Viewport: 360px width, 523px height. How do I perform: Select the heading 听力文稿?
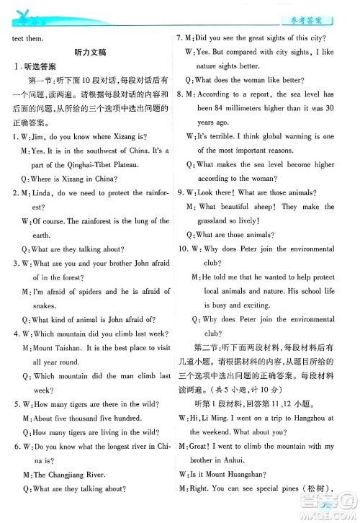pos(91,53)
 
